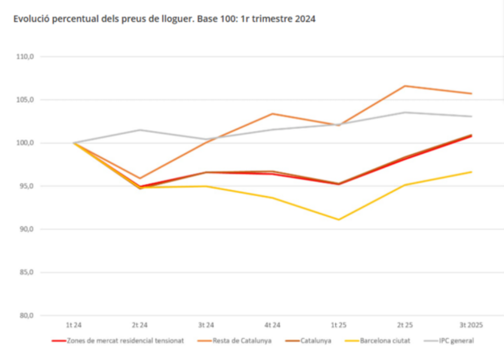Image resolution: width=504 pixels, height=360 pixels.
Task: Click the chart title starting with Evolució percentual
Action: coord(164,19)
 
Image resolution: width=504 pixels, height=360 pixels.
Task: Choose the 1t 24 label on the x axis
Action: coord(73,324)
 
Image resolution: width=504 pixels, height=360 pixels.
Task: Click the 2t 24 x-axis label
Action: coord(140,324)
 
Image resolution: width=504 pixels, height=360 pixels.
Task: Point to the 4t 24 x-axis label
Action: coord(273,324)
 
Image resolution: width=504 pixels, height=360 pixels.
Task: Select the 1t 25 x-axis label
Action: coord(339,324)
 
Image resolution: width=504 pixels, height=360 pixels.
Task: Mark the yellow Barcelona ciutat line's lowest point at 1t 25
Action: coord(339,219)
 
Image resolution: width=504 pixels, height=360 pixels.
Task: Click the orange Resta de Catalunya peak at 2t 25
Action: coord(405,86)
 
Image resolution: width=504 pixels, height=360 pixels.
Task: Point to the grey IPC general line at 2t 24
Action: coord(140,130)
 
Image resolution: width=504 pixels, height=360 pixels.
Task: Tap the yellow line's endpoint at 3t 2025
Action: coord(472,172)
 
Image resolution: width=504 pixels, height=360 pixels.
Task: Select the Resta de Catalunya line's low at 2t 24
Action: coord(140,178)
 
